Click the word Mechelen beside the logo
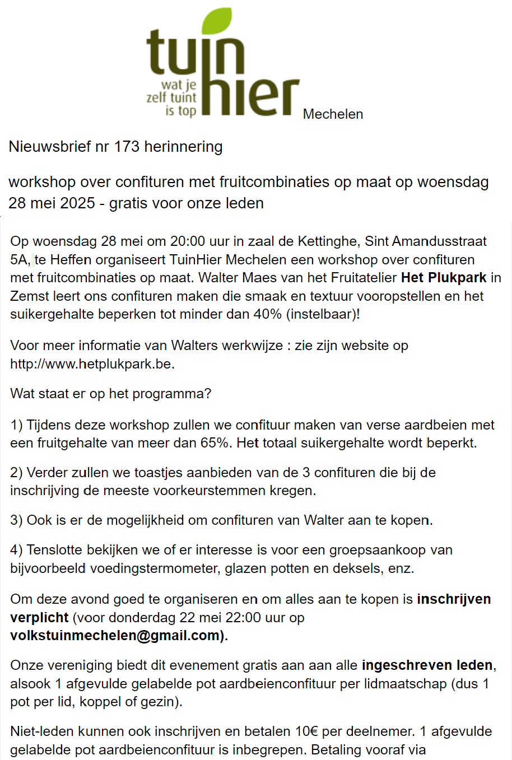pos(333,114)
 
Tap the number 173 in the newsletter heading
pos(127,147)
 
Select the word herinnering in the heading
pos(183,147)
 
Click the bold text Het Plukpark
pos(444,278)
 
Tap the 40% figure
pos(268,314)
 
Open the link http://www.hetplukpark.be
pos(92,364)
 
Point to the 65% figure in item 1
pos(215,443)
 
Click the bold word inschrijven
pos(454,599)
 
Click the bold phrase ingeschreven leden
pos(427,665)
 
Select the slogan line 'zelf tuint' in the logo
pos(171,97)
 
